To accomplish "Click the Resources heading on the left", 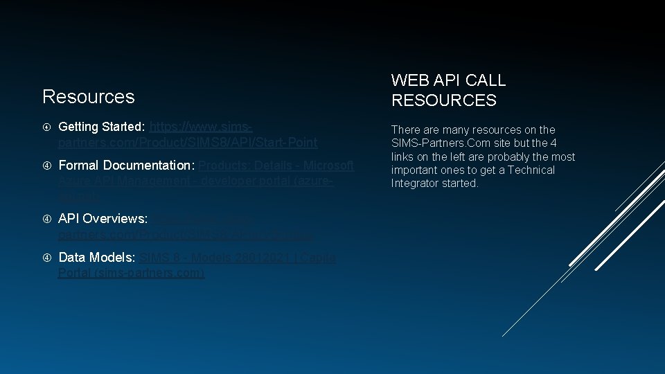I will [x=88, y=96].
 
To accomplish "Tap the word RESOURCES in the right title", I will [x=443, y=100].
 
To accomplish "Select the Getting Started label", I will [x=102, y=127].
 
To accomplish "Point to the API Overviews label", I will [x=103, y=218].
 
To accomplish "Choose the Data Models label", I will [x=97, y=258].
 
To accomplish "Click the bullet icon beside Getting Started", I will [x=46, y=127].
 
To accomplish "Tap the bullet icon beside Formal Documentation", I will [x=46, y=166].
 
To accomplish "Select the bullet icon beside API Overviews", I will [x=46, y=219].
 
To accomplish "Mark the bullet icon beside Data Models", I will [x=46, y=258].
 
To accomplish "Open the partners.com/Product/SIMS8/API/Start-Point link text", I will [x=188, y=143].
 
